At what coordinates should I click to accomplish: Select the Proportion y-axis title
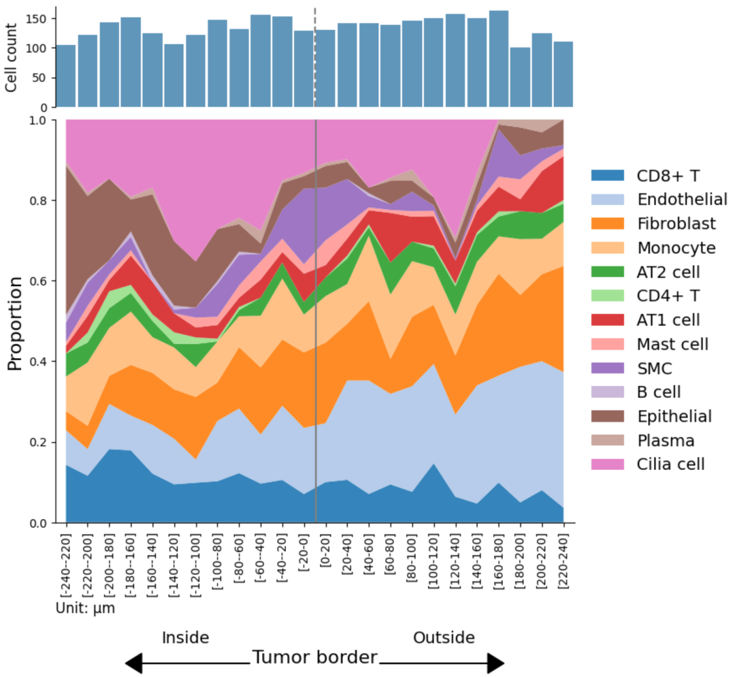(x=14, y=324)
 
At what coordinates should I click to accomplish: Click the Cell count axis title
(x=12, y=57)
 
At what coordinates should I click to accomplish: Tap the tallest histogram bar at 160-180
(x=499, y=59)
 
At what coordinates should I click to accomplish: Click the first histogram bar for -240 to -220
(x=66, y=76)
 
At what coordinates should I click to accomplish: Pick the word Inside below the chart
(x=185, y=638)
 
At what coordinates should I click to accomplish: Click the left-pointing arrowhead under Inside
(x=135, y=663)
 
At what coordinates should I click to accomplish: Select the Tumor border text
(x=314, y=658)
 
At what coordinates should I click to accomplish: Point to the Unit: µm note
(x=85, y=608)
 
